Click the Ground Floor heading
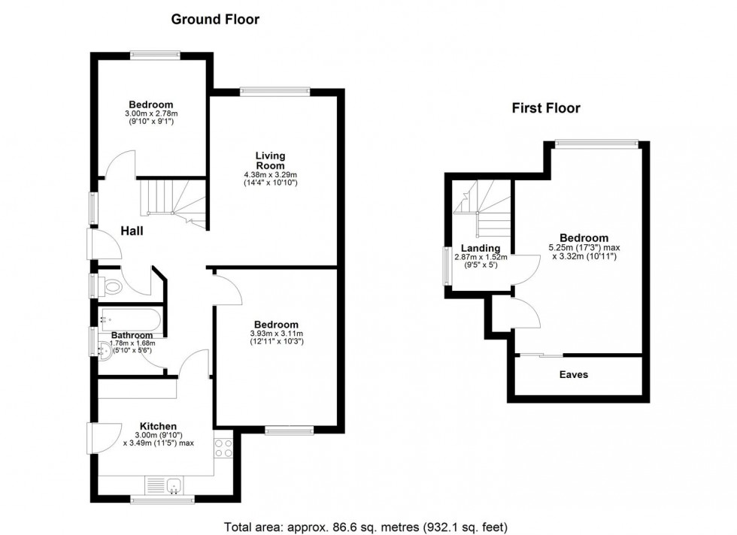click(x=215, y=20)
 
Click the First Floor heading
click(x=546, y=108)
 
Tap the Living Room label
click(x=269, y=161)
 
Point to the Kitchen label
click(x=158, y=427)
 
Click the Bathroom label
click(x=132, y=335)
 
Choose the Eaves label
click(x=574, y=374)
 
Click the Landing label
click(x=481, y=249)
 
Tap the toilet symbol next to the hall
click(x=111, y=286)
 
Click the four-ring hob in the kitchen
click(x=224, y=449)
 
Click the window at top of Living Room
click(x=275, y=92)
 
